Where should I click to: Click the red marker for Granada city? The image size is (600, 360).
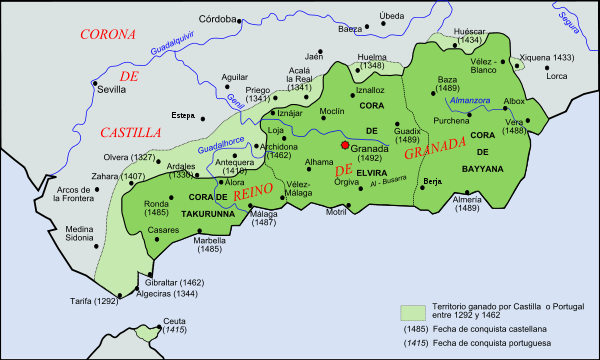[x=345, y=145]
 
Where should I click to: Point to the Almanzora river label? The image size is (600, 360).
[x=472, y=101]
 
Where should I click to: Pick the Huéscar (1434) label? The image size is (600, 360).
[x=470, y=35]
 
